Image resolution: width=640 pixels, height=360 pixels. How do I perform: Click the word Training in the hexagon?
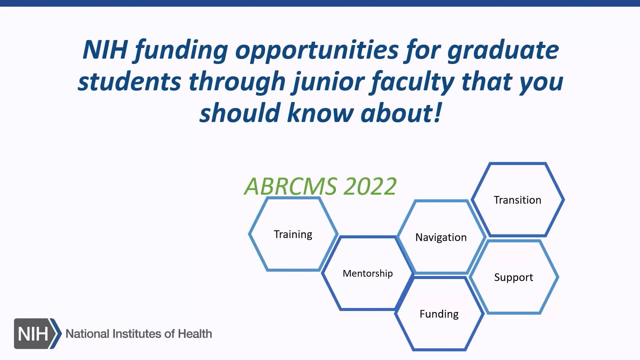click(293, 235)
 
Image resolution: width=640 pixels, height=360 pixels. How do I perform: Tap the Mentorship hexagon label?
click(368, 274)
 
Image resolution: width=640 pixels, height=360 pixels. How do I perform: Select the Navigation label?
click(441, 238)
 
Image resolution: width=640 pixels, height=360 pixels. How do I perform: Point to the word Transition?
click(517, 200)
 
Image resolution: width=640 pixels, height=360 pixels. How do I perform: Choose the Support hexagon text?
click(514, 278)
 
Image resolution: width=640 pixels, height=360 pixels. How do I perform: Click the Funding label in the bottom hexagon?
click(439, 314)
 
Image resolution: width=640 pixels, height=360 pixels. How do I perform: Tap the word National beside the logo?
click(88, 334)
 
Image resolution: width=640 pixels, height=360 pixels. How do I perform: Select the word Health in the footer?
click(195, 334)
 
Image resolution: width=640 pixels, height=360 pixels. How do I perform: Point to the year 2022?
click(370, 186)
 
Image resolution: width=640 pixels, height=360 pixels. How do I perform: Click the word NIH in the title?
click(105, 50)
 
